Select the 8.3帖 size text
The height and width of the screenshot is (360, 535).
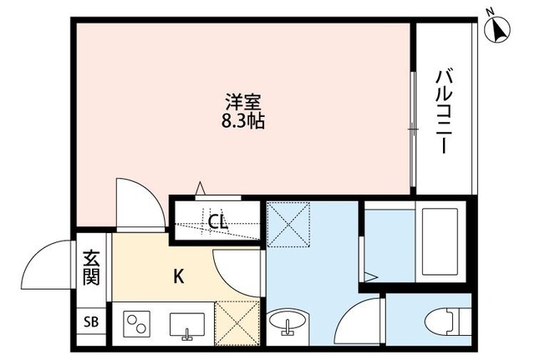tap(243, 122)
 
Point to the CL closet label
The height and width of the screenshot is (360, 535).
tap(217, 222)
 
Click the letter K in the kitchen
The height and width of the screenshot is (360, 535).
tap(178, 275)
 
